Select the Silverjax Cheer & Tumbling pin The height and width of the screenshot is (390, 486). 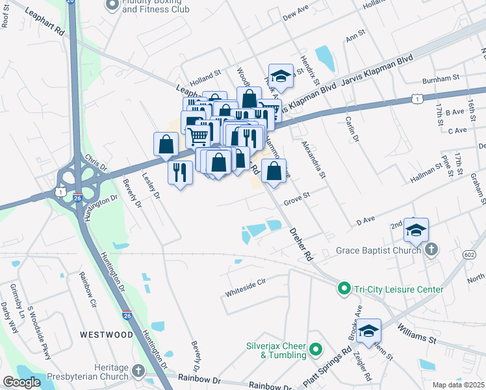pyautogui.click(x=316, y=350)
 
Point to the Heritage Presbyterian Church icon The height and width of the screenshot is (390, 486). pyautogui.click(x=137, y=371)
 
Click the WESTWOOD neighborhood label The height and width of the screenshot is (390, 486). pyautogui.click(x=107, y=335)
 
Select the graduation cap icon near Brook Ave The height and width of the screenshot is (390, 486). pyautogui.click(x=368, y=331)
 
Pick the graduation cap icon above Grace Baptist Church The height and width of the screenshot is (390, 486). pyautogui.click(x=416, y=230)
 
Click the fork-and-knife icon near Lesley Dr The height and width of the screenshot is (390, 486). pyautogui.click(x=180, y=172)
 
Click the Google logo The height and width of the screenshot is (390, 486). pyautogui.click(x=22, y=382)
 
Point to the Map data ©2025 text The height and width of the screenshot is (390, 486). pyautogui.click(x=458, y=385)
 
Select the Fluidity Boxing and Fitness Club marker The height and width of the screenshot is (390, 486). pyautogui.click(x=112, y=5)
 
